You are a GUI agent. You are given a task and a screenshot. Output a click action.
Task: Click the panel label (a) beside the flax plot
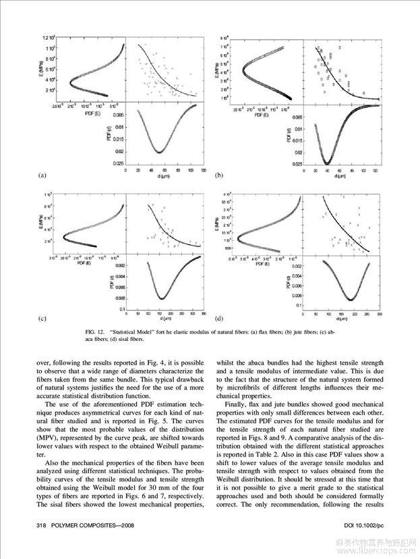click(41, 176)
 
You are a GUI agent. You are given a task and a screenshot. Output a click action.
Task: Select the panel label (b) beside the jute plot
click(218, 176)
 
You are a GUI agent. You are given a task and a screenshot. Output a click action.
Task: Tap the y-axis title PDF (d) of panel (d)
click(289, 282)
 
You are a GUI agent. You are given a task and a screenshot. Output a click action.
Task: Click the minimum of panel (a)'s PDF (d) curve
click(160, 153)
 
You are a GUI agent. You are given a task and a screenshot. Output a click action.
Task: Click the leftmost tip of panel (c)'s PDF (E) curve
click(62, 236)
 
